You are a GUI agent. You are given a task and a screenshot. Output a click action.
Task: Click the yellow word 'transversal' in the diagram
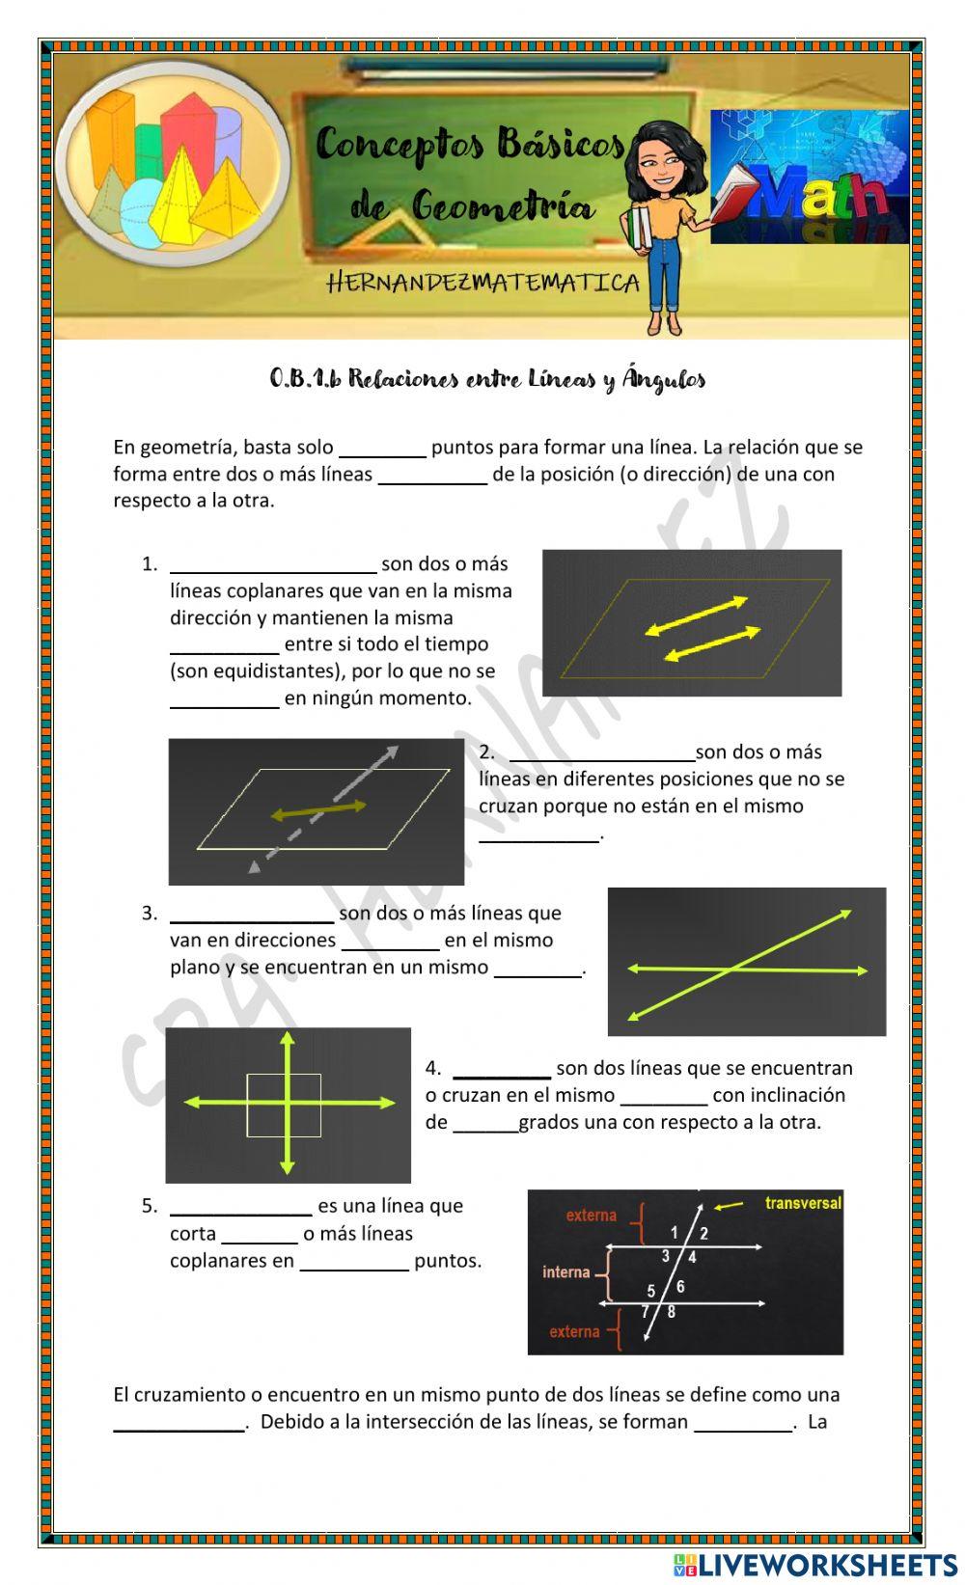[x=803, y=1203]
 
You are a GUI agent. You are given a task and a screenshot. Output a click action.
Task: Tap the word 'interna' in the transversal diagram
[x=565, y=1271]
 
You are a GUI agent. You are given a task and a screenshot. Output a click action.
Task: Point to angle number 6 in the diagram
[x=680, y=1287]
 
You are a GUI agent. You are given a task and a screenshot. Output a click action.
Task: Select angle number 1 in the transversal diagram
[x=675, y=1232]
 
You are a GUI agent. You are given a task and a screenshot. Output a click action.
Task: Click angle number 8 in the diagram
[x=672, y=1312]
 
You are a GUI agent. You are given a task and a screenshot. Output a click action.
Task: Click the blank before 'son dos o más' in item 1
[x=273, y=565]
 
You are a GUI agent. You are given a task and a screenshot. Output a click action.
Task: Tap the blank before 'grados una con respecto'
[x=485, y=1124]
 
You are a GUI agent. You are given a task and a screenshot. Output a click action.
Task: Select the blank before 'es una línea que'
[x=241, y=1207]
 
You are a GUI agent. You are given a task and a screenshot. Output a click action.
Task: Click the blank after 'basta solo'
[x=383, y=449]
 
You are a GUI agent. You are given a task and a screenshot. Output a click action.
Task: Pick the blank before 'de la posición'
[x=432, y=476]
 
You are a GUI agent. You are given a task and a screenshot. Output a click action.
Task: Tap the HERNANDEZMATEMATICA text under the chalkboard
[x=483, y=283]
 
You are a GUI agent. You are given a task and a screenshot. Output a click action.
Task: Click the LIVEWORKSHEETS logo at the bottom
[x=815, y=1564]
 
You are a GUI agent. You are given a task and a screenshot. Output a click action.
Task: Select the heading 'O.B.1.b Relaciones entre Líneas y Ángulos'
[x=487, y=379]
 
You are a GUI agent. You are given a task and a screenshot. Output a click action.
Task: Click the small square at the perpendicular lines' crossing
[x=284, y=1106]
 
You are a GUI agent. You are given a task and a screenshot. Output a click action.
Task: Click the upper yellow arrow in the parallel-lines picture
[x=697, y=615]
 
